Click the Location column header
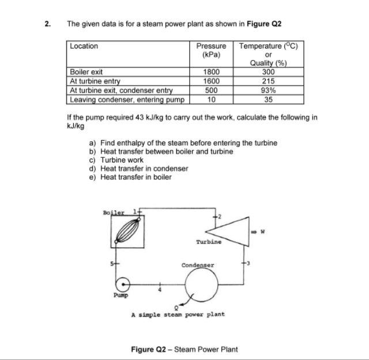[84, 46]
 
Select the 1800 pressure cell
[212, 72]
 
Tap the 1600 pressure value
[212, 81]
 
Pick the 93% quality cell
[269, 90]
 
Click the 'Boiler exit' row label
[86, 72]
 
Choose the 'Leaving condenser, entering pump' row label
[127, 99]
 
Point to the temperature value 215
[269, 81]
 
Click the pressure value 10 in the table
[212, 99]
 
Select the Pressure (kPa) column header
[212, 50]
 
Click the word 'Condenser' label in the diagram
[198, 266]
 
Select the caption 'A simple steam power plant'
[178, 314]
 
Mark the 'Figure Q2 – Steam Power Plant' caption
[184, 349]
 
